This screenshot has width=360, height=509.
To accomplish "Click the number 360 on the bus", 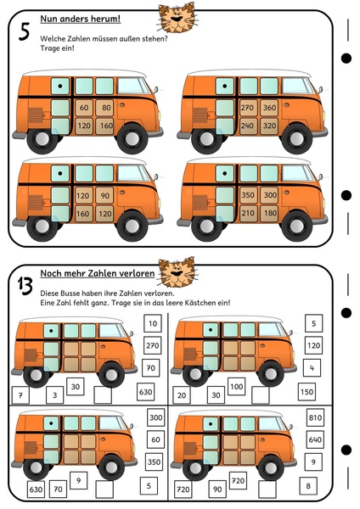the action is coord(269,108).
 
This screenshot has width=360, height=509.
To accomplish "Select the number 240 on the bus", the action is coord(247,126).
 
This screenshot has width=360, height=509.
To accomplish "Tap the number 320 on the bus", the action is coord(269,126).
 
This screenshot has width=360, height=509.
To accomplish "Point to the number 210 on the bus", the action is coord(248,213).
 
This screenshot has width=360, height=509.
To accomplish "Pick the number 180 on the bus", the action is coord(269,213).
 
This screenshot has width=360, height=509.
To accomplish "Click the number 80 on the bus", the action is coord(106,108).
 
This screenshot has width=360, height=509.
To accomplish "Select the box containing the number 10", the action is coord(153,323).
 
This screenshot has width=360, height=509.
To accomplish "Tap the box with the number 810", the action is coord(315,417).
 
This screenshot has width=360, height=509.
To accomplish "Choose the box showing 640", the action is coord(315,439).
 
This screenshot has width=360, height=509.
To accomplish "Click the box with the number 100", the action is coord(237,386).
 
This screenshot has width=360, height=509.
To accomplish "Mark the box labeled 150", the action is coord(307,392).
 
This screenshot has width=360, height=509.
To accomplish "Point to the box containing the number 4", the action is coord(312,368).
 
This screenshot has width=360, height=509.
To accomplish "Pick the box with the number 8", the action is coord(308,486).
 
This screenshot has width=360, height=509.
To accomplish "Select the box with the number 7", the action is coord(20,395).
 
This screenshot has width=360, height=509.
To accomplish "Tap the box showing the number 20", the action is coord(182,395).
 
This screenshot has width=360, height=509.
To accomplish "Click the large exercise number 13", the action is coord(25,287).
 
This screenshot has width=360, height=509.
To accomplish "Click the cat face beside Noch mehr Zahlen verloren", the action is coord(177,272).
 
